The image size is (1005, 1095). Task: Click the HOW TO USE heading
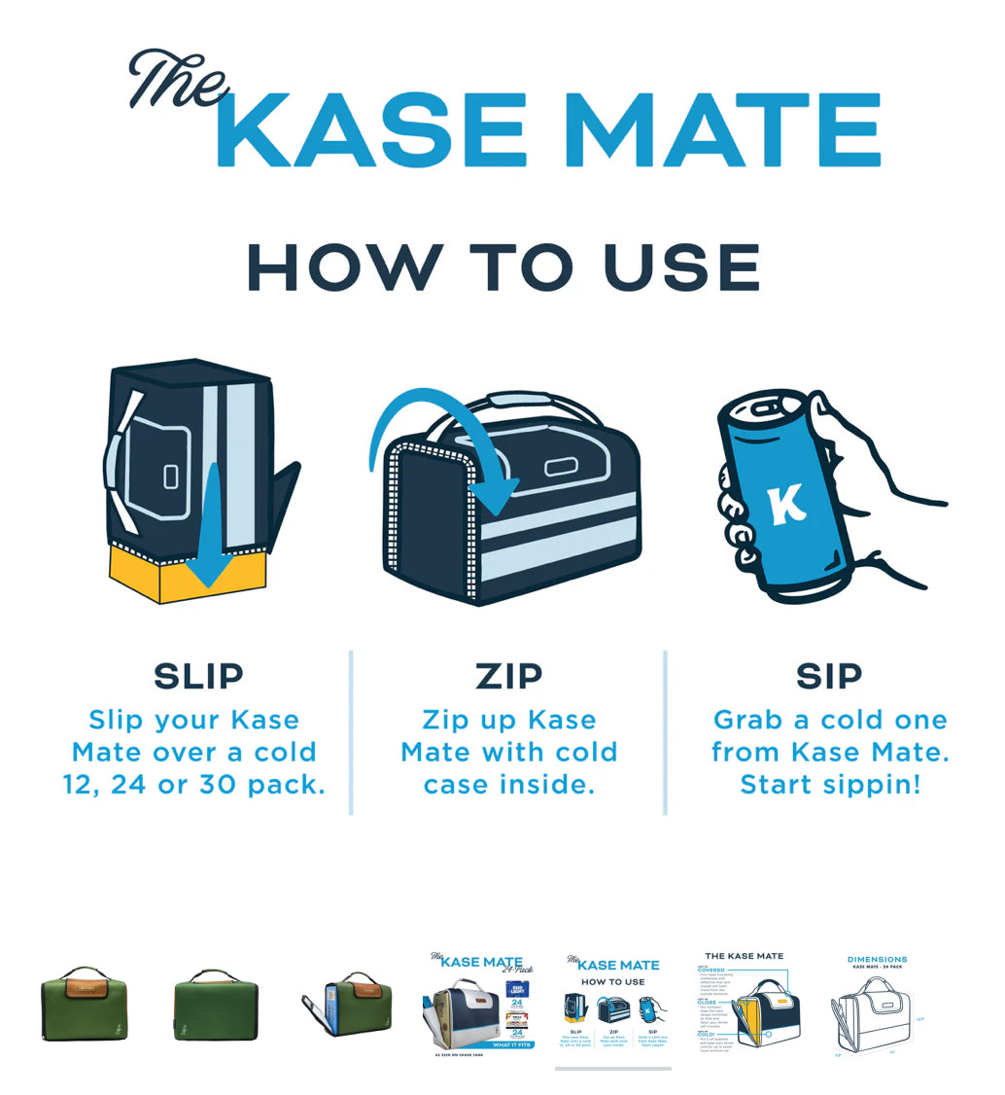pos(502,266)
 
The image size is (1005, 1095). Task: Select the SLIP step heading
pos(198,676)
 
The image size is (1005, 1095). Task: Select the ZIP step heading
pos(509,676)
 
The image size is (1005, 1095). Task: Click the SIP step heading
pos(828,676)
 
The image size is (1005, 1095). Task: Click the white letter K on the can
pos(785,505)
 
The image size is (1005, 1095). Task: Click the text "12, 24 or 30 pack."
pos(194,785)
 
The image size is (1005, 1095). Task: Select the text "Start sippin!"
pos(829,785)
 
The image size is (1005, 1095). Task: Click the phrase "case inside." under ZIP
pos(508,785)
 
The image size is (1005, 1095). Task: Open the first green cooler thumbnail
pos(87,1004)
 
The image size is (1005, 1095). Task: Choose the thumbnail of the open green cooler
pos(347,1006)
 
